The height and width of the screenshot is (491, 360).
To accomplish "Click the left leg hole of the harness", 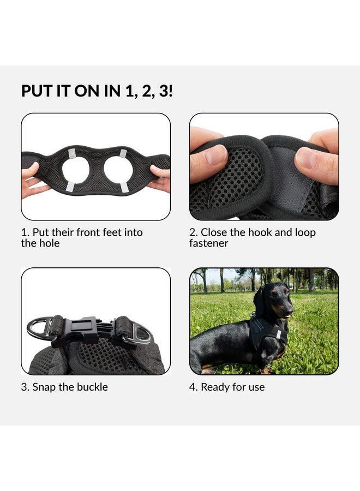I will pyautogui.click(x=76, y=170).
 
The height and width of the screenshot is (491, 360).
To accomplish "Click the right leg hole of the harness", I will pyautogui.click(x=117, y=170).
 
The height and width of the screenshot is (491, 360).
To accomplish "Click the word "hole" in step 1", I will pyautogui.click(x=49, y=243).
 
